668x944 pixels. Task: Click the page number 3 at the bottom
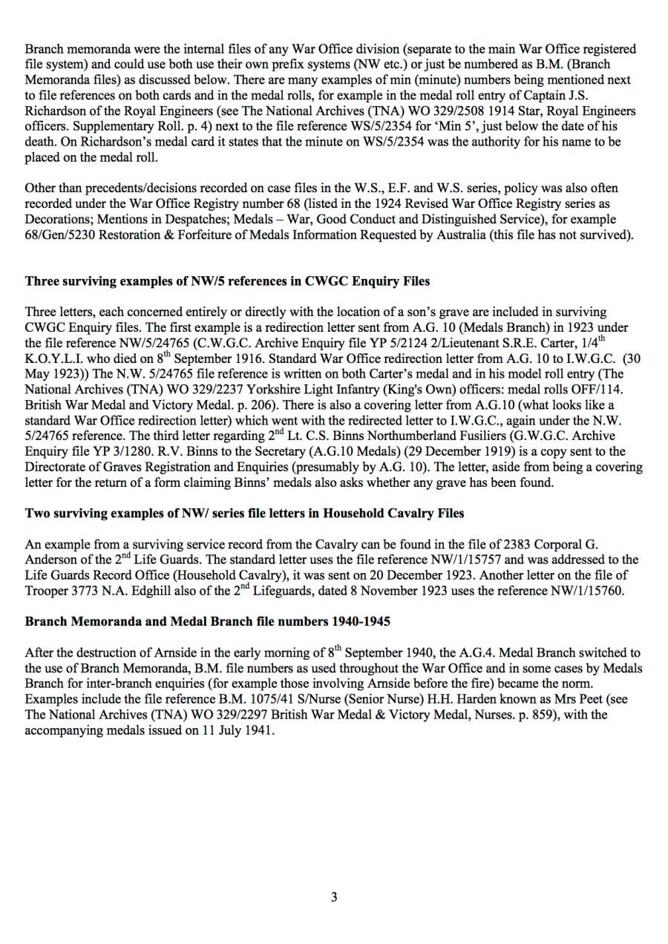(334, 897)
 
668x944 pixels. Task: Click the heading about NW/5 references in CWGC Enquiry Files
(227, 281)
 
